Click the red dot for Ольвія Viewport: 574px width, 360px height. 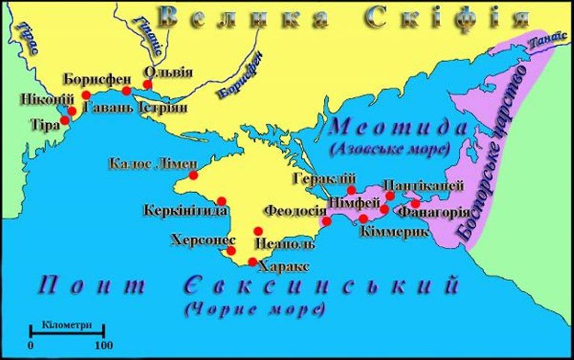coord(148,85)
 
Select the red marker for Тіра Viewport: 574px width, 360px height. coord(65,120)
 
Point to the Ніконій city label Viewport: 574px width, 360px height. coord(39,99)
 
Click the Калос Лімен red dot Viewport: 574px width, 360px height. coord(193,175)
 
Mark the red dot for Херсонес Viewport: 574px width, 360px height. coord(231,251)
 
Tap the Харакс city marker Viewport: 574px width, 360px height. coord(252,261)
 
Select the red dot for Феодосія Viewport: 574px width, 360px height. coord(326,221)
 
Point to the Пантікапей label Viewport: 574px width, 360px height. coord(423,185)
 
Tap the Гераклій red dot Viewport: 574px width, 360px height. coord(352,190)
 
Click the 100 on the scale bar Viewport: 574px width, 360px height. coord(104,345)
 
